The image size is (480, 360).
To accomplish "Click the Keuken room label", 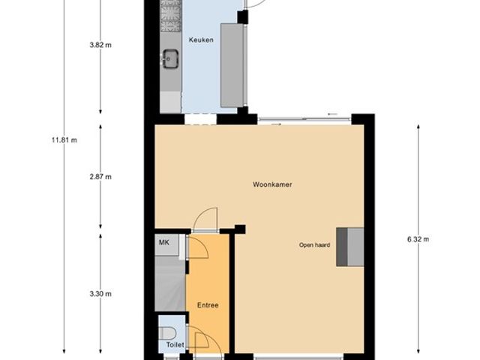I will click(x=201, y=40).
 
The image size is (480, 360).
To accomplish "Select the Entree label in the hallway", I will click(x=208, y=304).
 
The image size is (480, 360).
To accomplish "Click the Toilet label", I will click(x=174, y=346).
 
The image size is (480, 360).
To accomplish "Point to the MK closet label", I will click(x=163, y=242).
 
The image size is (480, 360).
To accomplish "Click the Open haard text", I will click(x=314, y=244).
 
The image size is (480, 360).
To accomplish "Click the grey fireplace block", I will click(x=350, y=246).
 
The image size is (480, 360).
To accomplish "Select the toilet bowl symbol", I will click(x=168, y=332).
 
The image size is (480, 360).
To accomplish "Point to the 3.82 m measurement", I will click(x=100, y=44).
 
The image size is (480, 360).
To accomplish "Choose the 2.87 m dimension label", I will click(x=100, y=177).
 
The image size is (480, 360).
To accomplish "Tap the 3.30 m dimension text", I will click(x=100, y=294).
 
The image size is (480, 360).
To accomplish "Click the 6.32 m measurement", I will click(x=418, y=239).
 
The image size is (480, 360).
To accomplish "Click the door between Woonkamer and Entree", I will click(x=204, y=221).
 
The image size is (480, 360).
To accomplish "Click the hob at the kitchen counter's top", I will click(x=171, y=13).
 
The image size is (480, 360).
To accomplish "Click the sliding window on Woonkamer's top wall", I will click(x=303, y=118).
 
